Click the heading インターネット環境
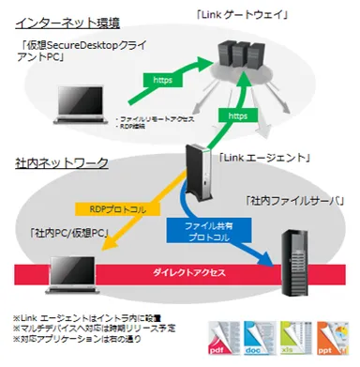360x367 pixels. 67,18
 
